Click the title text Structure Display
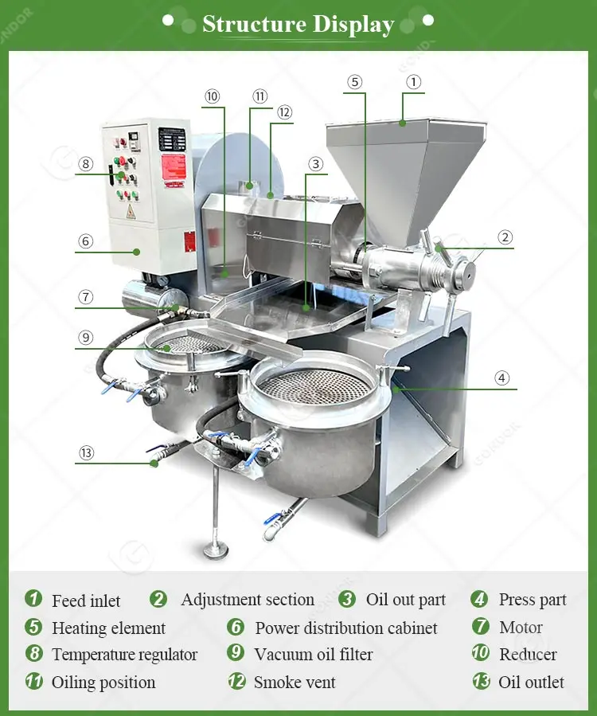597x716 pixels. point(298,24)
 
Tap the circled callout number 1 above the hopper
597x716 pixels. point(413,81)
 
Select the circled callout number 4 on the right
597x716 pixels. point(501,378)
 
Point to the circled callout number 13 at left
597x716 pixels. point(86,453)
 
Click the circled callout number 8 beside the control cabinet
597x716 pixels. point(86,165)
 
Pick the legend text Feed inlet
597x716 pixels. point(86,601)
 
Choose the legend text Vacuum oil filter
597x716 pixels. point(313,655)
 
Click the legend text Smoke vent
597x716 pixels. point(295,683)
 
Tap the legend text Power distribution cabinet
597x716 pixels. point(346,628)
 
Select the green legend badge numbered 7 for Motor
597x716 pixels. point(480,627)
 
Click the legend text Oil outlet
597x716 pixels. point(531,683)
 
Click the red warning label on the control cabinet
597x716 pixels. point(174,166)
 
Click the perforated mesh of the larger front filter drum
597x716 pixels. point(315,385)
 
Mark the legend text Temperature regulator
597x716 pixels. point(124,655)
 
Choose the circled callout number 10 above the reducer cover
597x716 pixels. point(212,96)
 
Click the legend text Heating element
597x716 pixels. point(108,628)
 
